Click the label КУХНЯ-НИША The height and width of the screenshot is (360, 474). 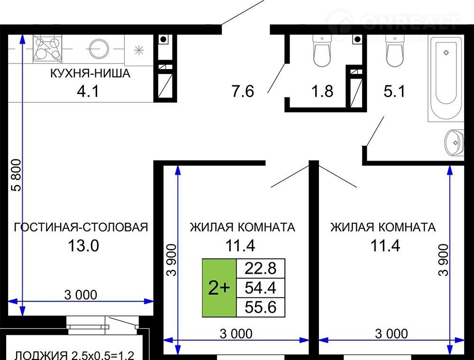90,73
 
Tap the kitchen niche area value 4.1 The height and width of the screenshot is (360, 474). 88,91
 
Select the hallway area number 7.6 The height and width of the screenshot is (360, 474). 243,91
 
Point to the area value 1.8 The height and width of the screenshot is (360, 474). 322,91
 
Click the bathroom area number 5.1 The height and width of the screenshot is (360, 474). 394,91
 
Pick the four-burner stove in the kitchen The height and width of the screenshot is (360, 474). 47,48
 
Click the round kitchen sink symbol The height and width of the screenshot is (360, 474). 98,48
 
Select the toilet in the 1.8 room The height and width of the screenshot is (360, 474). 322,50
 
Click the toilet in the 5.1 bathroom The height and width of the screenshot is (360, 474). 395,50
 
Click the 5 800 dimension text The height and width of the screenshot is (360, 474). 17,175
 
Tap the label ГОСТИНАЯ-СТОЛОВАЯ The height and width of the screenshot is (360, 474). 81,227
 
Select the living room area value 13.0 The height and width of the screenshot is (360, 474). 83,245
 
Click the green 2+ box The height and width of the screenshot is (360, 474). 219,288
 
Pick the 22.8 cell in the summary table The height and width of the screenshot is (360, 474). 261,268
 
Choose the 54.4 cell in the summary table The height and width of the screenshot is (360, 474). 261,288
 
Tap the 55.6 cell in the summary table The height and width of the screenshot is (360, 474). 261,307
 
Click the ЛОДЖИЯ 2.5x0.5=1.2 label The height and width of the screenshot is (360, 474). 74,355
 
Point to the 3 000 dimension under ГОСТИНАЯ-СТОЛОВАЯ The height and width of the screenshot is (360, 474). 81,295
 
